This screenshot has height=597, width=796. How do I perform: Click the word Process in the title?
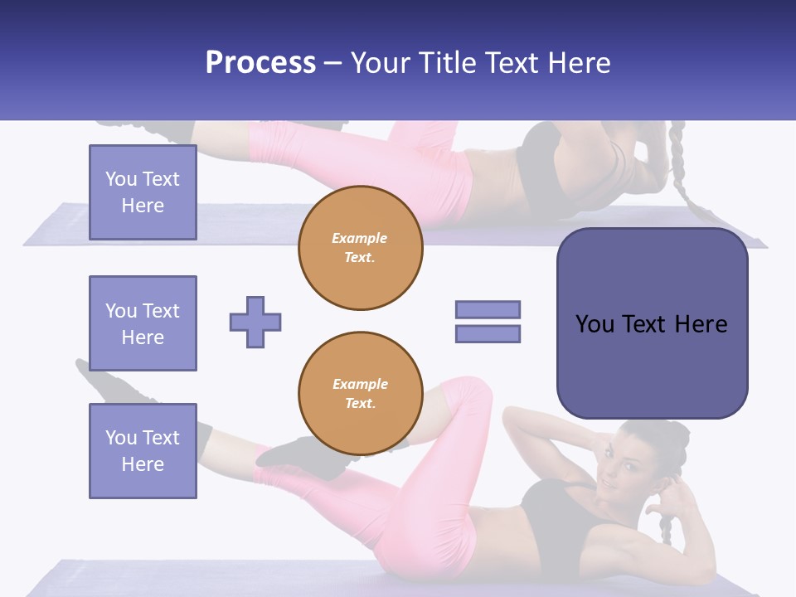(x=260, y=63)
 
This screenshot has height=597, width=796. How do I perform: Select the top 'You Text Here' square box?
(x=143, y=192)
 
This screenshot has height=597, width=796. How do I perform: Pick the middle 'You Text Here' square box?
(x=143, y=323)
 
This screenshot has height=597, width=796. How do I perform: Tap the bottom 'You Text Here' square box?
(x=143, y=451)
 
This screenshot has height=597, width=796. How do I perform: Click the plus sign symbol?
(x=255, y=322)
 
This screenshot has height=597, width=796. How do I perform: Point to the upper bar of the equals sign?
(x=488, y=309)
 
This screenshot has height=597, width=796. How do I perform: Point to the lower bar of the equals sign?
(x=488, y=334)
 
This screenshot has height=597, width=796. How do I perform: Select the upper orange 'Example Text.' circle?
(x=361, y=248)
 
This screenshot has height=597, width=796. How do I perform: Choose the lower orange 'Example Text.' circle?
(x=361, y=394)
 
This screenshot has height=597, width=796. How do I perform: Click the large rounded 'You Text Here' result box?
(x=652, y=323)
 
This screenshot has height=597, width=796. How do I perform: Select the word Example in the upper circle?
(x=360, y=239)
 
